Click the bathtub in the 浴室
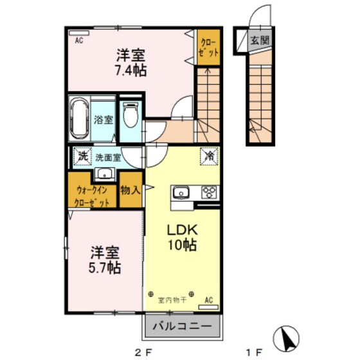click(x=80, y=119)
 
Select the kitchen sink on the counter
click(x=181, y=191)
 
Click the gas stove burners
click(x=210, y=191)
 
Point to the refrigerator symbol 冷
click(x=210, y=156)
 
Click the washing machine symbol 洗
click(x=82, y=156)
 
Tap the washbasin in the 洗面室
click(x=104, y=174)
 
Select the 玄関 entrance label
click(x=260, y=40)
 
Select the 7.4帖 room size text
click(x=131, y=69)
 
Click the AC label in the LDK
click(x=209, y=300)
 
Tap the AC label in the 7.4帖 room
click(x=79, y=40)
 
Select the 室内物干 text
click(x=171, y=300)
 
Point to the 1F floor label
click(x=253, y=352)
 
